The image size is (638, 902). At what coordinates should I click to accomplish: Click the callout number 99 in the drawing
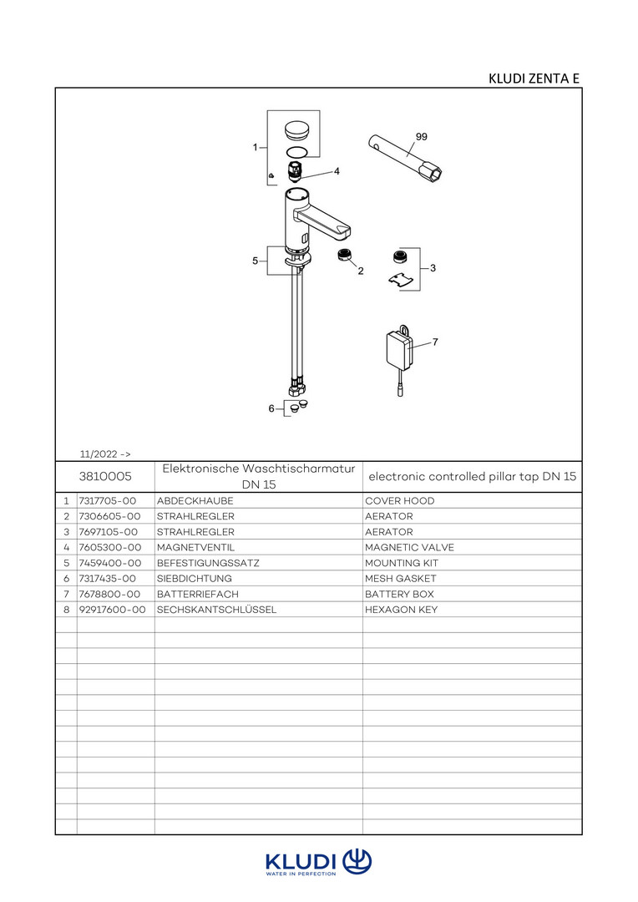[x=421, y=135]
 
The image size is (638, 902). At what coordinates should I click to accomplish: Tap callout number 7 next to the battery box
[x=435, y=342]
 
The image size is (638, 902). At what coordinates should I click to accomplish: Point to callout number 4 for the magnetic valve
[x=337, y=170]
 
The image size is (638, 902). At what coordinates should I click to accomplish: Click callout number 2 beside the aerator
[x=361, y=271]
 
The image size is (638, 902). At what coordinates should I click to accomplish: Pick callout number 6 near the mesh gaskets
[x=271, y=408]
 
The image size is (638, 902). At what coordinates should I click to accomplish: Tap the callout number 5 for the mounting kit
[x=255, y=261]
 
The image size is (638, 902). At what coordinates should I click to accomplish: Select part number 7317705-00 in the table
[x=107, y=501]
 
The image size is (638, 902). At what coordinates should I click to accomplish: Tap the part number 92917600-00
[x=112, y=610]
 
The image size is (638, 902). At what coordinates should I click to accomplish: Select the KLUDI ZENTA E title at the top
[x=534, y=79]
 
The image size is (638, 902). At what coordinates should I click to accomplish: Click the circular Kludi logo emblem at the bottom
[x=357, y=861]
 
